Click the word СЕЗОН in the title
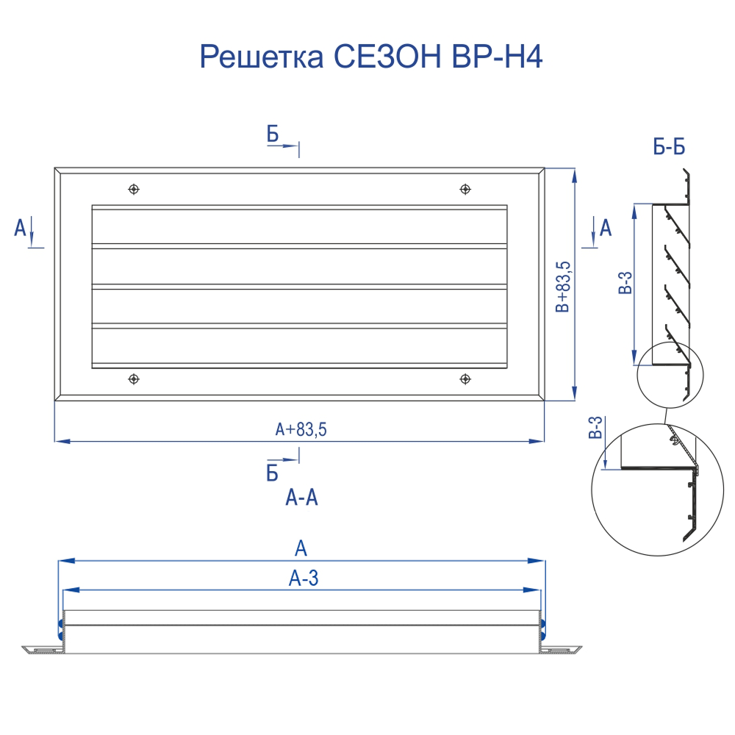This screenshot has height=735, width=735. pyautogui.click(x=387, y=57)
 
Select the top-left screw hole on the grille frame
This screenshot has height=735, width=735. pyautogui.click(x=134, y=190)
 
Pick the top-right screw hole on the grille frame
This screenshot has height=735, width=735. pyautogui.click(x=465, y=190)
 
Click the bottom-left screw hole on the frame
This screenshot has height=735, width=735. pyautogui.click(x=134, y=379)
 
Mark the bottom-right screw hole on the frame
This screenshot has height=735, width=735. pyautogui.click(x=465, y=379)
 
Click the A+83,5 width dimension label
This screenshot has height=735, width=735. pyautogui.click(x=301, y=429)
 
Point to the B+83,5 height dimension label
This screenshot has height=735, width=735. pyautogui.click(x=563, y=287)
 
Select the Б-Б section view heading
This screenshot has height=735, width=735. pyautogui.click(x=669, y=147)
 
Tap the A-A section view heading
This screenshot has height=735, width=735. pyautogui.click(x=302, y=498)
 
